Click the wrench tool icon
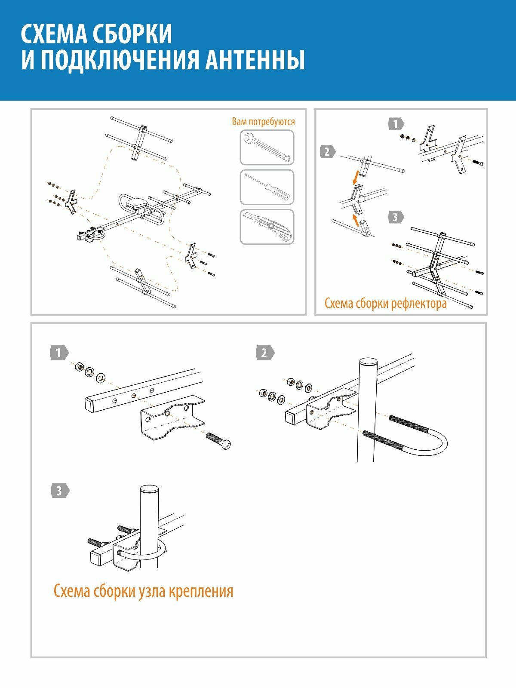(267, 147)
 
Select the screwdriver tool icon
(267, 187)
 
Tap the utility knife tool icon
(267, 227)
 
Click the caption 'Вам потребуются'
(263, 122)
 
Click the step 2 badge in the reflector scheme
(327, 152)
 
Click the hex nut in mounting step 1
(79, 367)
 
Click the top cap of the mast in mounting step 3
(149, 489)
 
